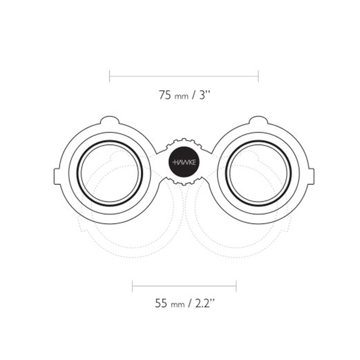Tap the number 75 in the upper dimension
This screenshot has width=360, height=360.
[x=165, y=95]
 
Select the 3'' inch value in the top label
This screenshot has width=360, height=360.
[x=205, y=95]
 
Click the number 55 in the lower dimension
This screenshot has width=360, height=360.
[x=161, y=303]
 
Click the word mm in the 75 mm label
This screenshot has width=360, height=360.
[x=181, y=96]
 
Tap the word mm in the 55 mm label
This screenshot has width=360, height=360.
[x=178, y=305]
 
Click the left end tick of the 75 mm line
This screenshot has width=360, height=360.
[x=109, y=76]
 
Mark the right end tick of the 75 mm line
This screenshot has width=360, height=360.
[x=258, y=76]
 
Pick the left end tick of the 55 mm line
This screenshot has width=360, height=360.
[x=132, y=286]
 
